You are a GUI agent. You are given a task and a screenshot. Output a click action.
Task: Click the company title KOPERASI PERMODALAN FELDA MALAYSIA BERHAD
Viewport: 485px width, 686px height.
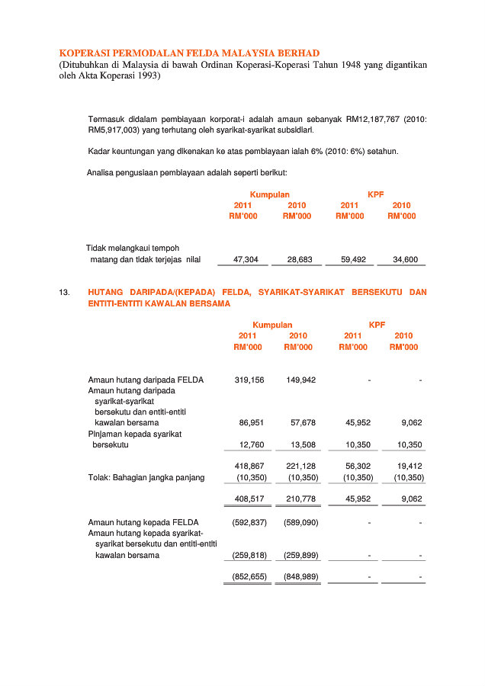coord(189,53)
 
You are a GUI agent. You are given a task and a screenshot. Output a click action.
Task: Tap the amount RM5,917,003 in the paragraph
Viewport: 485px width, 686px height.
coord(114,130)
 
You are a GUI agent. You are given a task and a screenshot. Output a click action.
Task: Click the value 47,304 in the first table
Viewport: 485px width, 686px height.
coord(246,260)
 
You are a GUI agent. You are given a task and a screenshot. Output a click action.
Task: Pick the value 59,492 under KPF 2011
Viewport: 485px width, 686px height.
coord(353,260)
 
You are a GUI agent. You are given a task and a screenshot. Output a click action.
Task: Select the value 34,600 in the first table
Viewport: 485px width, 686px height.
coord(405,260)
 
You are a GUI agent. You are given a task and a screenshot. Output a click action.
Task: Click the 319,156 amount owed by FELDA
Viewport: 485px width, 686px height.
coord(249,380)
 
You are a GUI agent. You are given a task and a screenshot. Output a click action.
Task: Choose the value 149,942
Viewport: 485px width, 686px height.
coord(300,380)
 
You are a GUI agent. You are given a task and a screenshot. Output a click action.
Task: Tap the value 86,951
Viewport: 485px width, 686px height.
coord(252,422)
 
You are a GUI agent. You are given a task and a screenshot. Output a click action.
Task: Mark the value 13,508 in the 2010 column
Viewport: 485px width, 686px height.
coord(303,444)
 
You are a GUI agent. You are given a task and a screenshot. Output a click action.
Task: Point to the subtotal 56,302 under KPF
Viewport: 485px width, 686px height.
coord(358,465)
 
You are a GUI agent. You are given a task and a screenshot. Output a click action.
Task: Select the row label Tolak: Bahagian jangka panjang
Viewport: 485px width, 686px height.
coord(146,478)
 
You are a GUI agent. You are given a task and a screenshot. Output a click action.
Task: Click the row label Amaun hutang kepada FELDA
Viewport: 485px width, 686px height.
coord(143,522)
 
